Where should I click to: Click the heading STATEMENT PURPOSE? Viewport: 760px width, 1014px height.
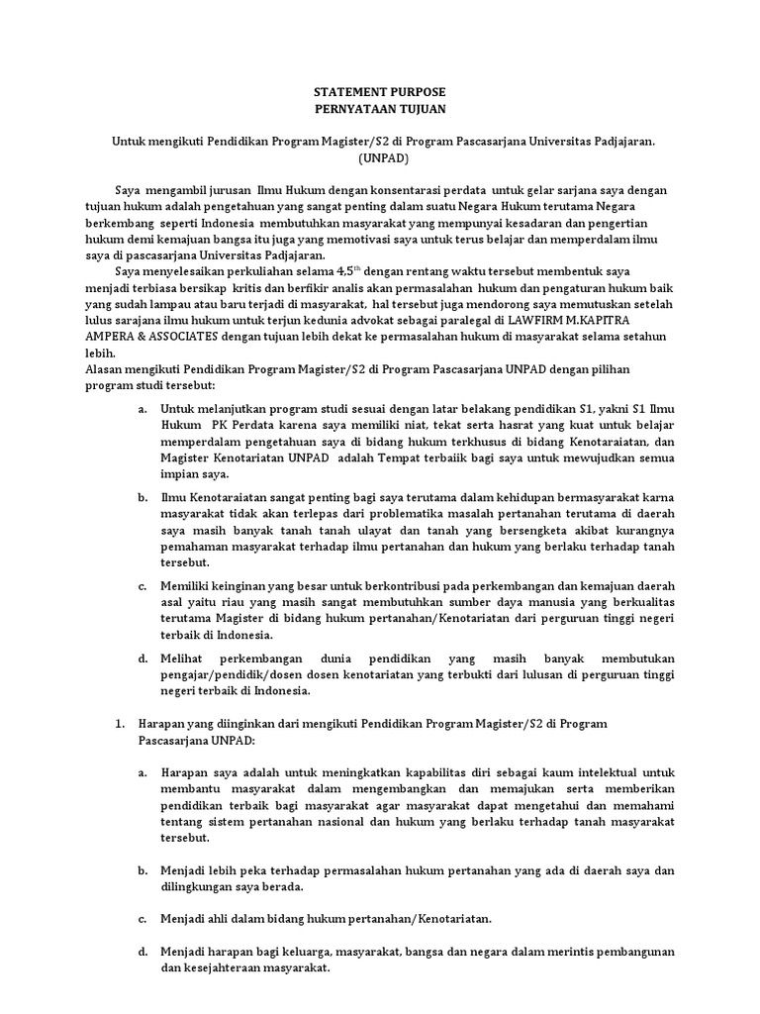click(380, 90)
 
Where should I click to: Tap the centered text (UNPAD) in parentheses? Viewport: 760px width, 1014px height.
click(381, 158)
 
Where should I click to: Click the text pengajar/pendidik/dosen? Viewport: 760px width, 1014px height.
click(232, 674)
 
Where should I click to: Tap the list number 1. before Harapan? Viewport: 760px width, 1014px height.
click(122, 724)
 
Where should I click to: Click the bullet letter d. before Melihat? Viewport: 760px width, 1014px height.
click(143, 658)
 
